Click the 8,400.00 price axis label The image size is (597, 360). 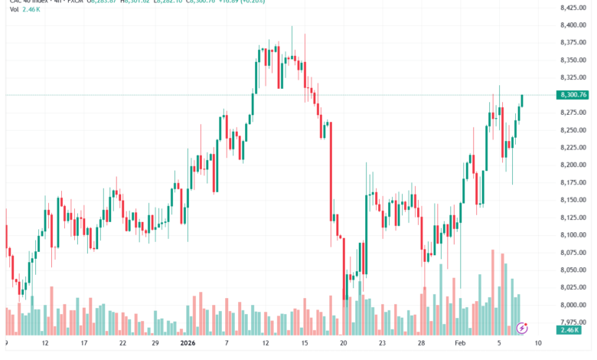tap(573, 25)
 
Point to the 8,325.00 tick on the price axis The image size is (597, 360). tap(573, 77)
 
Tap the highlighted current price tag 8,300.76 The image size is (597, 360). tap(573, 95)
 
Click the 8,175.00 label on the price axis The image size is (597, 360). tap(573, 182)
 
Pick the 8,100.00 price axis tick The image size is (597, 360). tap(573, 235)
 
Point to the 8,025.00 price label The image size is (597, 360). tap(573, 287)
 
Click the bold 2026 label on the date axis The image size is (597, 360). tap(188, 344)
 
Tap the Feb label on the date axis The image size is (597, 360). tap(461, 344)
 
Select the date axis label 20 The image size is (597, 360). tap(344, 344)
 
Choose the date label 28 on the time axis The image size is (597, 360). tap(422, 344)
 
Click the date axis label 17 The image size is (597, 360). tap(84, 344)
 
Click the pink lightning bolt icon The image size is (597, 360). tap(523, 328)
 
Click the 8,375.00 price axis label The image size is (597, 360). tap(573, 43)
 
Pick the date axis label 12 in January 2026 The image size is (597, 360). tap(266, 344)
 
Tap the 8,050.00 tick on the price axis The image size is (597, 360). tap(573, 270)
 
